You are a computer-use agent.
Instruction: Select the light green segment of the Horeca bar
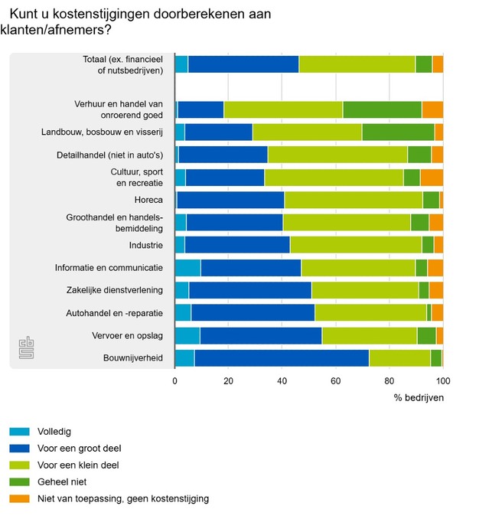point(354,201)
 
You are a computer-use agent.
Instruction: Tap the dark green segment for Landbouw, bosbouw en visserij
point(398,132)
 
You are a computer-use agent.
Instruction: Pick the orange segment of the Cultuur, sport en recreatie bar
point(432,178)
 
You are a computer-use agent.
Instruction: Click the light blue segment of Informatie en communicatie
point(187,268)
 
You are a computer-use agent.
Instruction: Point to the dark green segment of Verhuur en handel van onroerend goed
point(382,109)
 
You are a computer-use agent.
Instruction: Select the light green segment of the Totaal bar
point(357,64)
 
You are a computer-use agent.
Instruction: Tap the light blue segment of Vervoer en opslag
point(187,335)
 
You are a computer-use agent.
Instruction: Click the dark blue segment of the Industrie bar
point(237,245)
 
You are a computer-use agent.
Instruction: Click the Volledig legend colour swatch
point(21,431)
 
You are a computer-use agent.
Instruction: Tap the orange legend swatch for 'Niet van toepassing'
point(21,498)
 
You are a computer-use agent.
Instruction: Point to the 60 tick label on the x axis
point(336,380)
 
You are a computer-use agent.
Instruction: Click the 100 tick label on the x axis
point(442,380)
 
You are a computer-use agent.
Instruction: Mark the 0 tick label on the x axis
point(175,380)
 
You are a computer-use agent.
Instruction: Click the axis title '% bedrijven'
point(419,398)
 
